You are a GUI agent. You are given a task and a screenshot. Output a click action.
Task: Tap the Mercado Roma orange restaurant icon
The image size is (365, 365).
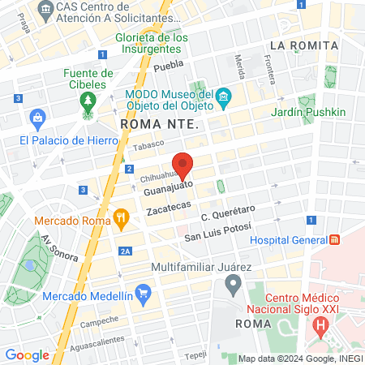point(122,217)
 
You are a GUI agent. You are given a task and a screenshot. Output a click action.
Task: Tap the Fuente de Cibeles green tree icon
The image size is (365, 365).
point(88,101)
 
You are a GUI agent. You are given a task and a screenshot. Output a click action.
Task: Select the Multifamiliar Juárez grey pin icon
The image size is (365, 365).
point(234,285)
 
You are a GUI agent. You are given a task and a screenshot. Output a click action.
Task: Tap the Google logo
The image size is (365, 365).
point(28,354)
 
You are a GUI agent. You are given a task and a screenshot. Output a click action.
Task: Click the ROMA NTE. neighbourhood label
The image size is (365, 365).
point(159,124)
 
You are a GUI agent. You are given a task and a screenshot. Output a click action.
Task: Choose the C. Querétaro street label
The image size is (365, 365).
point(228,215)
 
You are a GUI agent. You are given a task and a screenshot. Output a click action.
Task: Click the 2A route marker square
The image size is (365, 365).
point(125,251)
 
